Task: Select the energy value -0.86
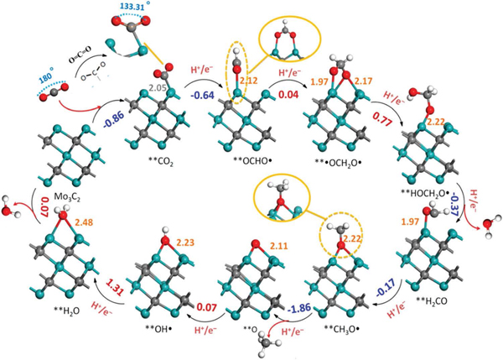(113, 120)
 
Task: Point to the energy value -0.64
(202, 96)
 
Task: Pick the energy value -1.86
(299, 308)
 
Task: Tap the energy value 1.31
(115, 289)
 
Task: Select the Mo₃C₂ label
(68, 196)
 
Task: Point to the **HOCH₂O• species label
(425, 193)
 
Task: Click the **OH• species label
(161, 330)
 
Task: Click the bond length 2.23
(185, 243)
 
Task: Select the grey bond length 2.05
(157, 87)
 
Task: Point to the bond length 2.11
(279, 247)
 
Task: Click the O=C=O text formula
(80, 54)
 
